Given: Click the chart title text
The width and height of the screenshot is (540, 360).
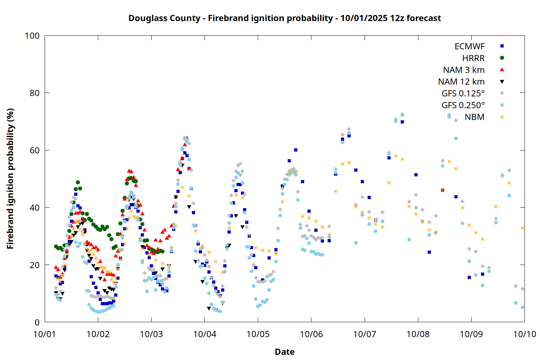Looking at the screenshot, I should pyautogui.click(x=284, y=18).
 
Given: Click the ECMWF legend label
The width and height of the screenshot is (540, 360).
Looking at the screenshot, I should pyautogui.click(x=469, y=46).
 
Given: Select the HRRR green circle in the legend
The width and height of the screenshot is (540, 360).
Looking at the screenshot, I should pyautogui.click(x=502, y=58).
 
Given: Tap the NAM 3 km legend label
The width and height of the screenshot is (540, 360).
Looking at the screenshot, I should pyautogui.click(x=464, y=70).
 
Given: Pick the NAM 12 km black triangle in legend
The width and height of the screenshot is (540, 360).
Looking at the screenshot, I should pyautogui.click(x=502, y=82).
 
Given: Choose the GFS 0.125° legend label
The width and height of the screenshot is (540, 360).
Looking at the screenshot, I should pyautogui.click(x=463, y=94).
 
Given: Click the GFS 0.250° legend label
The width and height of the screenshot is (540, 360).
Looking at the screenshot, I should pyautogui.click(x=463, y=105).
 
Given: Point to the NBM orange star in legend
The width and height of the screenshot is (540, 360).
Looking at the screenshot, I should pyautogui.click(x=502, y=117).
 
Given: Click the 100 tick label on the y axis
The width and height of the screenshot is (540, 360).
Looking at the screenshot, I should pyautogui.click(x=32, y=36).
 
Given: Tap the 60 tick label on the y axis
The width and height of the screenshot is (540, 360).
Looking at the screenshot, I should pyautogui.click(x=35, y=150).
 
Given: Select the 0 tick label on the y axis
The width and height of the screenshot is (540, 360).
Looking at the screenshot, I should pyautogui.click(x=37, y=323).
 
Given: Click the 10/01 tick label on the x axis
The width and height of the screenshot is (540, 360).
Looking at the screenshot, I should pyautogui.click(x=45, y=334).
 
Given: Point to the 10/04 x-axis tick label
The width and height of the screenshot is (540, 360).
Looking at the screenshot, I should pyautogui.click(x=204, y=334).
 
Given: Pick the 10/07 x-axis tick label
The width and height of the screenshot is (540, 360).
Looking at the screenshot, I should pyautogui.click(x=365, y=334).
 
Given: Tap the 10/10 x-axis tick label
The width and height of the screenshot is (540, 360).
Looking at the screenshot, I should pyautogui.click(x=525, y=334).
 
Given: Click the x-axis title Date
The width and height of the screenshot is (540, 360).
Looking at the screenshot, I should pyautogui.click(x=284, y=352).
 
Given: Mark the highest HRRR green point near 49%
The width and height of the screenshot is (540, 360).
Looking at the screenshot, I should pyautogui.click(x=78, y=183).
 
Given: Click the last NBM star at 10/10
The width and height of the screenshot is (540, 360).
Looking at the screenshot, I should pyautogui.click(x=523, y=228).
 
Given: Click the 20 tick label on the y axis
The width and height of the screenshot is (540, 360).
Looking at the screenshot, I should pyautogui.click(x=35, y=265).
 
